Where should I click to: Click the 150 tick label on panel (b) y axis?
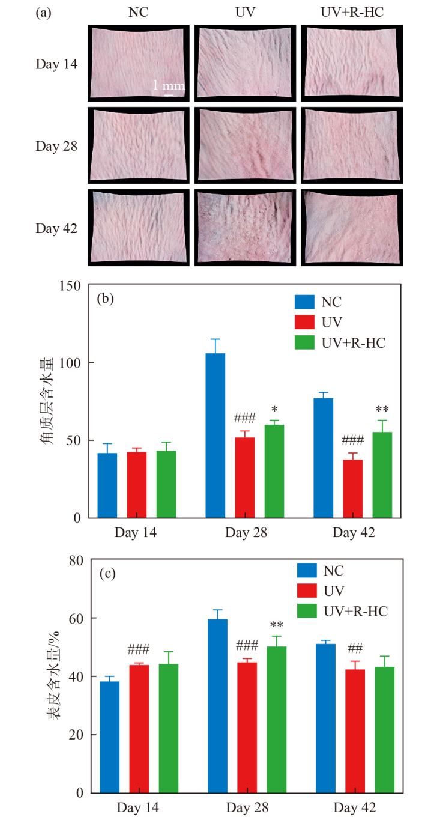[x=71, y=285]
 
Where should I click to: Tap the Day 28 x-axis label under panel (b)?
[x=246, y=533]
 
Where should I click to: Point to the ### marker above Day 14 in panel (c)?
[x=139, y=649]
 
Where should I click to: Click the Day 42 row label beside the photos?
[x=56, y=228]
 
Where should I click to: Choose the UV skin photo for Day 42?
[x=246, y=228]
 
